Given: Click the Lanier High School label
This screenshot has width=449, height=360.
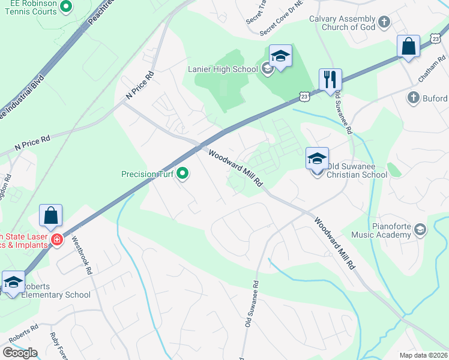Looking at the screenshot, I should [x=223, y=69].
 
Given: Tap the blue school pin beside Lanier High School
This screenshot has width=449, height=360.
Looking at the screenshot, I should [x=280, y=57].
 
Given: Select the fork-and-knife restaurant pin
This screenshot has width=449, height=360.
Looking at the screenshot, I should [x=330, y=80].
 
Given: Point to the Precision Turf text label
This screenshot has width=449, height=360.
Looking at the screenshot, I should [x=147, y=175].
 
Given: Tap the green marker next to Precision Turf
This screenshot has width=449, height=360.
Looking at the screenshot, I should [x=183, y=175].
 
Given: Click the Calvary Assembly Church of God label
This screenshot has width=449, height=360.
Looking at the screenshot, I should [x=343, y=23].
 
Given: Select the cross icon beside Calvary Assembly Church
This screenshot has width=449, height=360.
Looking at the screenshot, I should [x=385, y=23].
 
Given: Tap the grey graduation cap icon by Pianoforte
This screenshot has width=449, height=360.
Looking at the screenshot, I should [x=420, y=230].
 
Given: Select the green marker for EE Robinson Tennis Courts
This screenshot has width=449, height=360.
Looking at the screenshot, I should [x=66, y=8].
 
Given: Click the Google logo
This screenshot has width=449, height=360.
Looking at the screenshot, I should [x=20, y=353].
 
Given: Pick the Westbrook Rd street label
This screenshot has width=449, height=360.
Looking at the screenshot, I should [x=82, y=255].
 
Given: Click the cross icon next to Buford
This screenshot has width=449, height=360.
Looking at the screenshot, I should [x=413, y=98].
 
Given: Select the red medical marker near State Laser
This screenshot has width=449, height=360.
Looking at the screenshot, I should [x=57, y=240].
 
